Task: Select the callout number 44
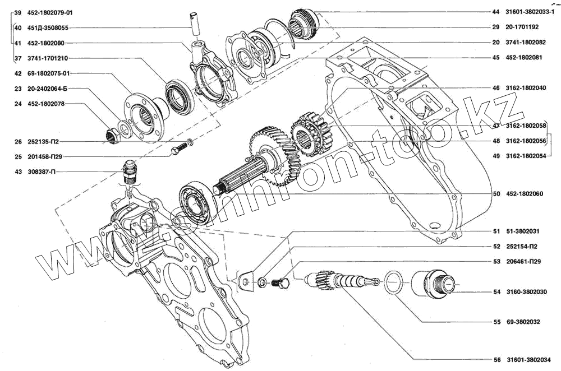(496, 12)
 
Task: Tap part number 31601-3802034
(528, 360)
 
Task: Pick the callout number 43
(18, 171)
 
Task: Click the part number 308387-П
(41, 171)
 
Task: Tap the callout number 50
(496, 194)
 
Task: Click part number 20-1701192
(522, 27)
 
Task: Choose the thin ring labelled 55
(393, 282)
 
